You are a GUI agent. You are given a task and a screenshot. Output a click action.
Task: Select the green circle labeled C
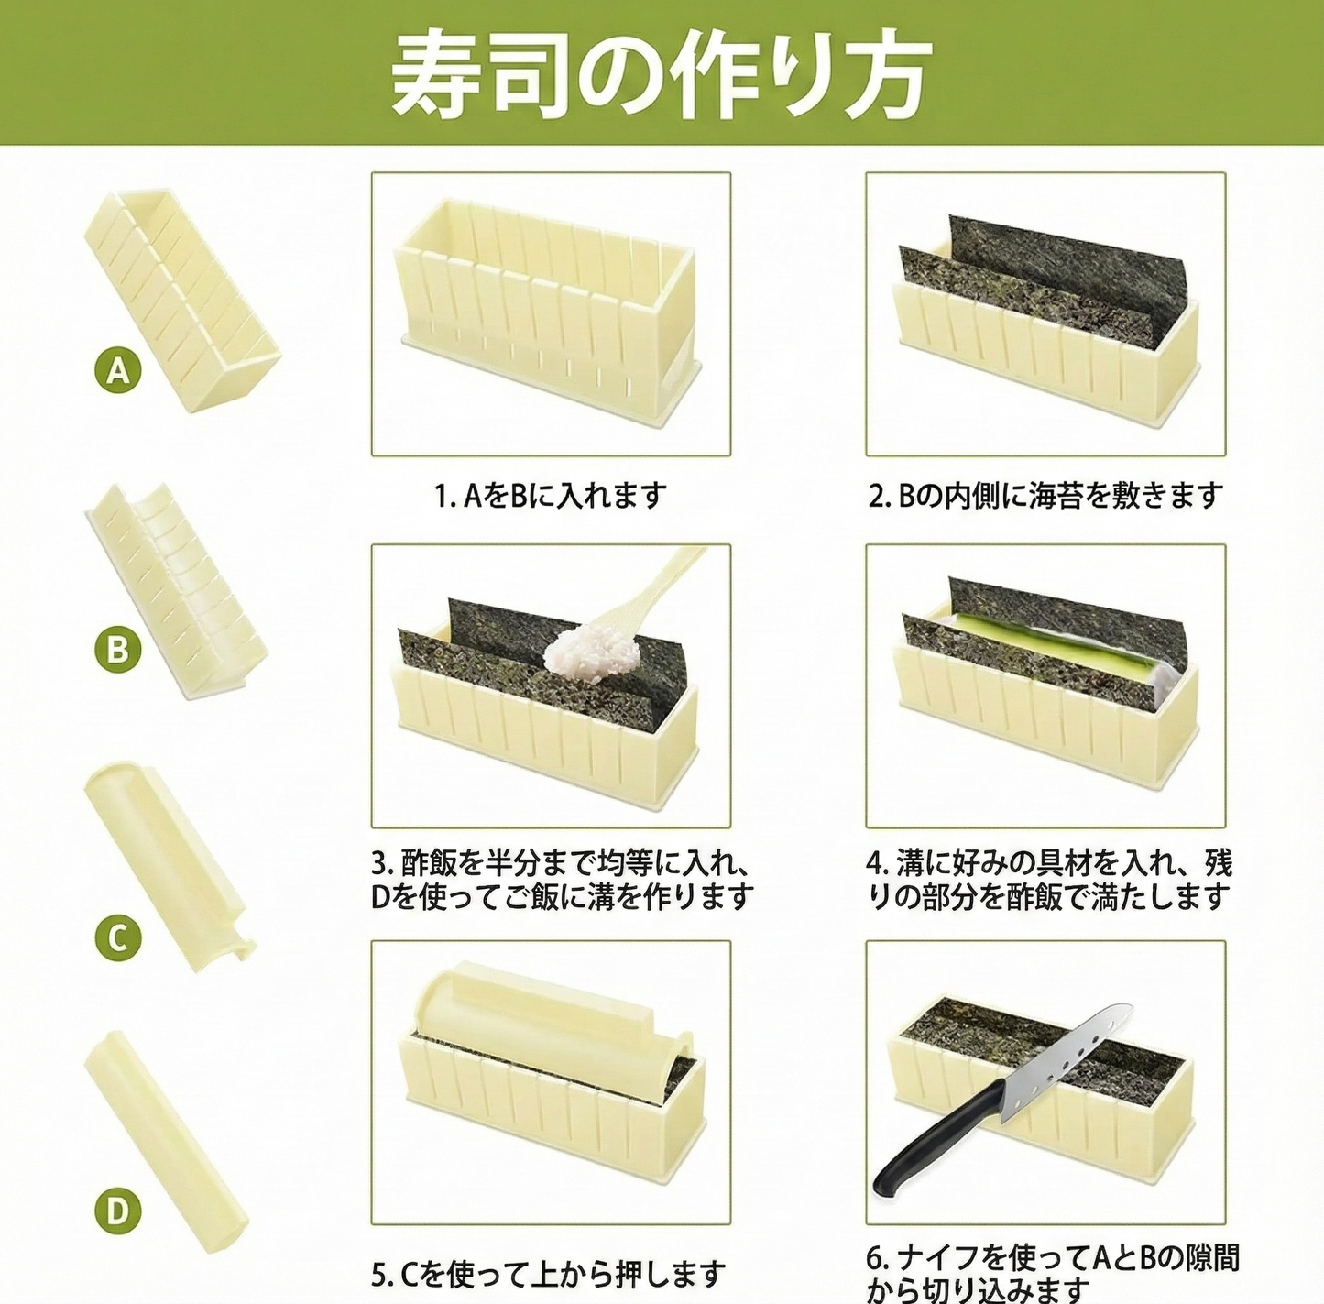pos(118,938)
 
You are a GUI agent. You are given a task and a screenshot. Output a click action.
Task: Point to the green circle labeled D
pos(118,1211)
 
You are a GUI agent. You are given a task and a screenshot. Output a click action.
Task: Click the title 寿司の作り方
pos(662,75)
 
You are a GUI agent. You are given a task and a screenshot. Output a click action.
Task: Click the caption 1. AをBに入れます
pos(550,496)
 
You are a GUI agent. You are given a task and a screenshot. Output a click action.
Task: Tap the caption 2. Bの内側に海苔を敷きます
pos(1045,496)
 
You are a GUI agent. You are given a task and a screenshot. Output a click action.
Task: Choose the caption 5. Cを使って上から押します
pos(549,1273)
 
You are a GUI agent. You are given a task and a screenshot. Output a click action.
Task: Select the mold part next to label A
pos(179,298)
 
